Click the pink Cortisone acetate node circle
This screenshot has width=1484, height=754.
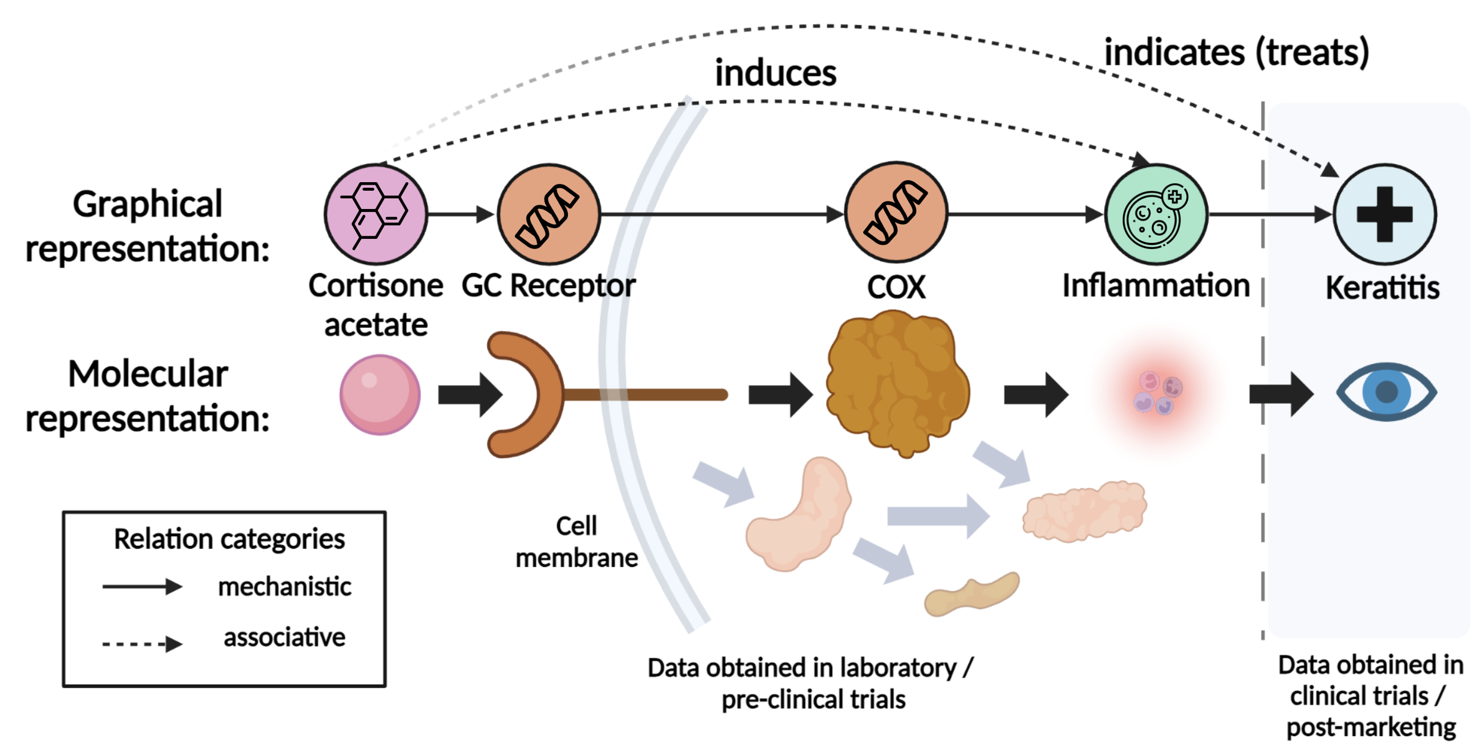click(x=376, y=214)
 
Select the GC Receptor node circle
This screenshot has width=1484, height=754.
click(x=549, y=214)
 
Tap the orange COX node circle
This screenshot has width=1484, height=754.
click(x=896, y=213)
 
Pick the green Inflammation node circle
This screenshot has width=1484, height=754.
click(x=1156, y=214)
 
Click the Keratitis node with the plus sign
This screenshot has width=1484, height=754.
click(x=1385, y=214)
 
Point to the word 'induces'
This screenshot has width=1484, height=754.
click(x=775, y=73)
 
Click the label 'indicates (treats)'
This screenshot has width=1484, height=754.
click(x=1236, y=53)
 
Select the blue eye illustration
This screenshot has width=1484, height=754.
click(x=1387, y=392)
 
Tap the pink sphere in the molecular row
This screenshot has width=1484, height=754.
click(x=380, y=395)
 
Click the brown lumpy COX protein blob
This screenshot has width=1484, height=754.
click(x=897, y=383)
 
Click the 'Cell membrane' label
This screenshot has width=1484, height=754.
click(x=576, y=541)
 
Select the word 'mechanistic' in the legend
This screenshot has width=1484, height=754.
click(x=284, y=587)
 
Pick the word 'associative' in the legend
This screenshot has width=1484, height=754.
click(x=284, y=637)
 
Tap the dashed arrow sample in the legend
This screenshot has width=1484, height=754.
click(x=142, y=643)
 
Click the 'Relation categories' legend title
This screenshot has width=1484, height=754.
click(x=229, y=539)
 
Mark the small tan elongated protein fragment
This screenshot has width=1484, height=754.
click(x=972, y=594)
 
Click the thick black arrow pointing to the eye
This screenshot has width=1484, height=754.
click(x=1281, y=395)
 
